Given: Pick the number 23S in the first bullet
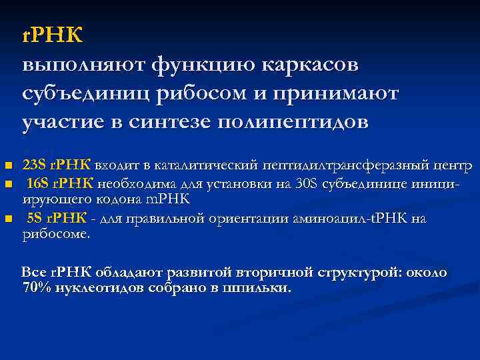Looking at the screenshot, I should point(33,165).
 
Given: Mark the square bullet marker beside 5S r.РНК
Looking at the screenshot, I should point(8,219).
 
